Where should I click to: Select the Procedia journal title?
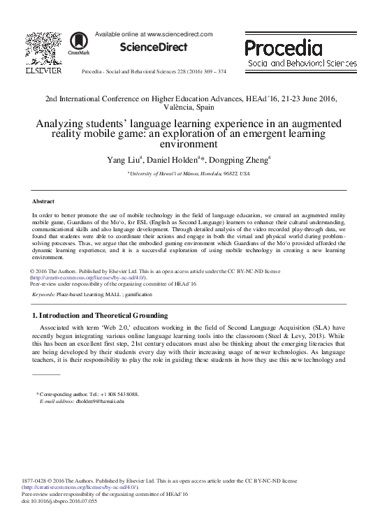coord(283,48)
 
